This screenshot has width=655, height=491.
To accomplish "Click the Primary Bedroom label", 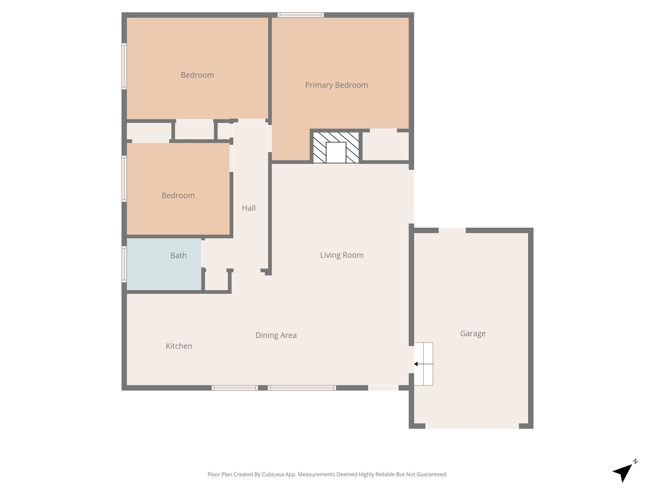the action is (x=336, y=85).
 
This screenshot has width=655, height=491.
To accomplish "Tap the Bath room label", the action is (x=178, y=255).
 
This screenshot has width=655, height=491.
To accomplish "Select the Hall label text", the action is (x=249, y=208).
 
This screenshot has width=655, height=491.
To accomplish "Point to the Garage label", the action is (x=473, y=333).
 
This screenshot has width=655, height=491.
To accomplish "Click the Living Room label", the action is (x=342, y=255).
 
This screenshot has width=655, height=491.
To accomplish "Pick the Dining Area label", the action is (x=276, y=335).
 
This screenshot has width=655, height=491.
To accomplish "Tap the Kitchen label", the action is (x=179, y=346).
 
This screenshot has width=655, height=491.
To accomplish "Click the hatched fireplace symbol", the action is (x=336, y=148).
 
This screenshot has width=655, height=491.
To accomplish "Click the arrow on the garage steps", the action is (x=423, y=364).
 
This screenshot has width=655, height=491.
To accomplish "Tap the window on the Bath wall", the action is (x=124, y=264).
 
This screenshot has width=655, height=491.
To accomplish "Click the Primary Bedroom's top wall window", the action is (x=301, y=15).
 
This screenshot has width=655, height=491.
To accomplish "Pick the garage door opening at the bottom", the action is (x=472, y=426).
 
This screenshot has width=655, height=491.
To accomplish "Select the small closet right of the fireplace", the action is (x=386, y=146).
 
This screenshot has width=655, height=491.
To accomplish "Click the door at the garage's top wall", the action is (x=452, y=230).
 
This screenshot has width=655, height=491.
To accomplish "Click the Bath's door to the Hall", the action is (x=203, y=254).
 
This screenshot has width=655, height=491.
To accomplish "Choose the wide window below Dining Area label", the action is (x=302, y=388).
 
